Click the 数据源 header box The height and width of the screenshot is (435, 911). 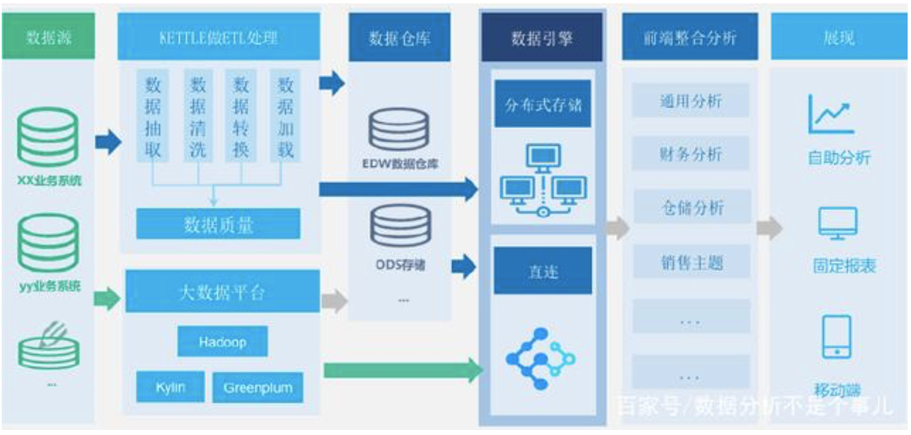pos(48,38)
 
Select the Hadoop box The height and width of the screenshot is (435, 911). pos(223,342)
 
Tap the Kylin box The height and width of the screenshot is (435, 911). pos(170,387)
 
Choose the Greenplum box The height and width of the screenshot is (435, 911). pos(258,387)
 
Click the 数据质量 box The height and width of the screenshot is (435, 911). pos(218,224)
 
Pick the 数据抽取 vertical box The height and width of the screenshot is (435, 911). pos(153,116)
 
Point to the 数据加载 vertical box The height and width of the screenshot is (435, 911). pos(285,116)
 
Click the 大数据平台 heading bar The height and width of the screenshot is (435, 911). pos(222,292)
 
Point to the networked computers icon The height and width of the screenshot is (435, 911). pos(542,180)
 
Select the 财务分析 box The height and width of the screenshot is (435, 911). pos(691,154)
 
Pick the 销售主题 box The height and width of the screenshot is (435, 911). pos(691,263)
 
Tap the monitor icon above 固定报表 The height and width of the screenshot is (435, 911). pos(838,223)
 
